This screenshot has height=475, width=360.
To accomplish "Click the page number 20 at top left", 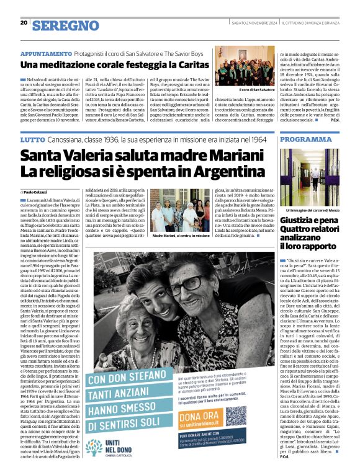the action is [24, 23].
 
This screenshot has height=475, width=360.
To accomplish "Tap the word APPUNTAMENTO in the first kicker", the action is [47, 54].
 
